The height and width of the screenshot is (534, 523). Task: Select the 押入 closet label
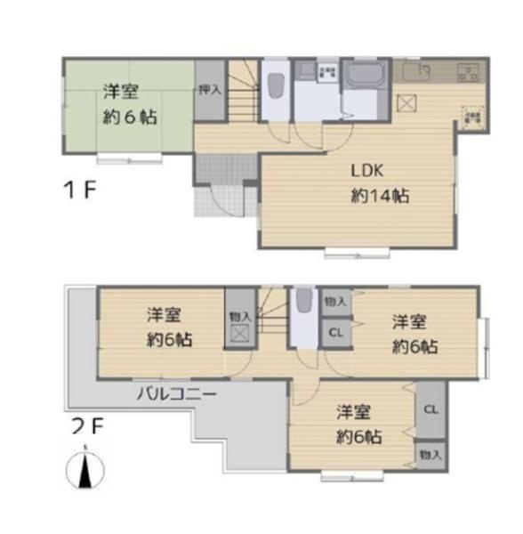209,89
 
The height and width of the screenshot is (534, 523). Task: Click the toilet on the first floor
275,86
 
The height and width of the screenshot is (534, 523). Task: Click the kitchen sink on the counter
413,72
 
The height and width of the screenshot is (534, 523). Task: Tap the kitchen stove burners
468,71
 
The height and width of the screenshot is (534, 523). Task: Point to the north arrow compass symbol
86,469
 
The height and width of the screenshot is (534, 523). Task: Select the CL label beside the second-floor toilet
335,333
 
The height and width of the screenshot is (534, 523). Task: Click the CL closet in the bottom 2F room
430,410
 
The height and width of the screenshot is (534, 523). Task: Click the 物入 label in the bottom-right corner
430,455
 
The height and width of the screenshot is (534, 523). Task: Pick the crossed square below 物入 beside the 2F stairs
239,336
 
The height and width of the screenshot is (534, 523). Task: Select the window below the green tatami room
128,160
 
